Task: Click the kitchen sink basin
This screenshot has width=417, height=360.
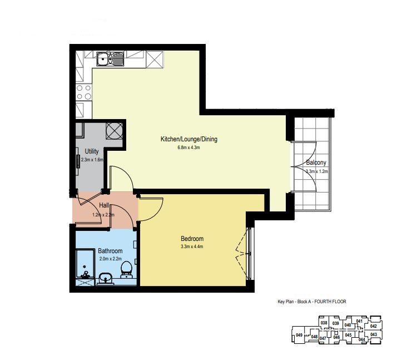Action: [x=102, y=58]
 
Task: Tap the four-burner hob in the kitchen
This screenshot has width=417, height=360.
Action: [x=84, y=92]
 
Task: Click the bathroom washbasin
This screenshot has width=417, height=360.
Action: [x=106, y=279]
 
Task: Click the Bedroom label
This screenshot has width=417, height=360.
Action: [x=192, y=238]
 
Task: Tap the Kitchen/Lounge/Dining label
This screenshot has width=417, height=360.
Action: [x=189, y=139]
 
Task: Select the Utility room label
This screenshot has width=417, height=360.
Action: [x=92, y=151]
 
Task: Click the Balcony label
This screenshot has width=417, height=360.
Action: [x=316, y=162]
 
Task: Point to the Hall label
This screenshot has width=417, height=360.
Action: [x=104, y=205]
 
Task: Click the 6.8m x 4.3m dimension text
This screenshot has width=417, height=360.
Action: [x=188, y=147]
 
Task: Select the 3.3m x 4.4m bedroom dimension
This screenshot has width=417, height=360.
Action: [x=192, y=246]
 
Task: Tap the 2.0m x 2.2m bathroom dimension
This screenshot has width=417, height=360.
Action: [x=111, y=258]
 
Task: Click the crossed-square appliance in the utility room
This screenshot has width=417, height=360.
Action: [x=115, y=131]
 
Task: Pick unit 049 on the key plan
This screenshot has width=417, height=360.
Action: [x=299, y=335]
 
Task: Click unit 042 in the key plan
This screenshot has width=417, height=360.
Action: [x=374, y=326]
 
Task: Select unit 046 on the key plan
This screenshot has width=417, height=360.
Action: [x=336, y=337]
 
